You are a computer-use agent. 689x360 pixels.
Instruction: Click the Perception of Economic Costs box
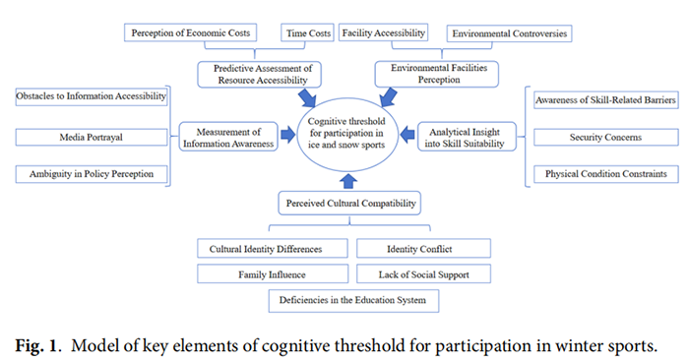tap(190, 32)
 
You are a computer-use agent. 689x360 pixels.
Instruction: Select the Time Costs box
tap(307, 32)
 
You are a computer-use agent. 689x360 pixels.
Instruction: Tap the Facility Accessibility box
tap(383, 32)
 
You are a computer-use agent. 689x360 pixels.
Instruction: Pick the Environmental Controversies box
tap(509, 33)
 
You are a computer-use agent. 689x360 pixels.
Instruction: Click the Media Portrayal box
tap(92, 137)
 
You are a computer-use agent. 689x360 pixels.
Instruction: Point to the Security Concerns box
tap(606, 137)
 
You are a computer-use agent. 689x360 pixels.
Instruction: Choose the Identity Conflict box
tap(423, 249)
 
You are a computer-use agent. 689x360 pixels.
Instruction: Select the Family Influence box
tap(273, 274)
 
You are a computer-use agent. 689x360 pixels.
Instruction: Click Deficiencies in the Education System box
tap(353, 300)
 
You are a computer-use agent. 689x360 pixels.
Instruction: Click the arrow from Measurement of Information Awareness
tap(287, 135)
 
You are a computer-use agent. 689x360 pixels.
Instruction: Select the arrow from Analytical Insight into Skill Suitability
tap(407, 135)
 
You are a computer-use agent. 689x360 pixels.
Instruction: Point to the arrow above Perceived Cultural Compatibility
tap(348, 181)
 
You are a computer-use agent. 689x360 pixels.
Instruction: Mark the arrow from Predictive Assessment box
tap(307, 98)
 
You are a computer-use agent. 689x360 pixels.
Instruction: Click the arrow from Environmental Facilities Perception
tap(389, 97)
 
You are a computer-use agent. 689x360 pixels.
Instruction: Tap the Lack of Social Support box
tap(423, 274)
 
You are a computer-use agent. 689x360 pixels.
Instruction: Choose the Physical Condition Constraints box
tap(606, 174)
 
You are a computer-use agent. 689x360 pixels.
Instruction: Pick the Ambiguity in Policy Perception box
tap(92, 174)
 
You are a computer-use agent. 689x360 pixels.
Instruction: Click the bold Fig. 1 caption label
tap(36, 346)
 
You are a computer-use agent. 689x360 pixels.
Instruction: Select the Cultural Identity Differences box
tap(273, 249)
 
